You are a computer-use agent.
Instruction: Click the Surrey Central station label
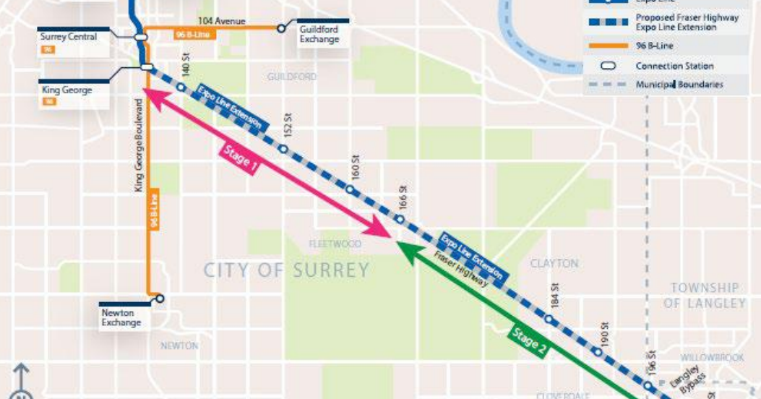(69, 37)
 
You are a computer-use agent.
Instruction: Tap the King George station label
(66, 91)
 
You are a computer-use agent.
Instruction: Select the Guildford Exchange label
(319, 34)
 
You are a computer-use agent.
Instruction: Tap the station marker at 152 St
(283, 150)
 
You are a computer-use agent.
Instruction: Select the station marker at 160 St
(350, 189)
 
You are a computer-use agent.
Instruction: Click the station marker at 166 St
(399, 219)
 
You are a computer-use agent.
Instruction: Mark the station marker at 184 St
(549, 319)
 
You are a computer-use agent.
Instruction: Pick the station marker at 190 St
(598, 352)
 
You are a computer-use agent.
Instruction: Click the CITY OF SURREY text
(286, 270)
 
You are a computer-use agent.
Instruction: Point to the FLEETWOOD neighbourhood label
(335, 244)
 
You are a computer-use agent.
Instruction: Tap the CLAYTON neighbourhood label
(554, 264)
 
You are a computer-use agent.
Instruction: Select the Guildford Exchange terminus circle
(280, 29)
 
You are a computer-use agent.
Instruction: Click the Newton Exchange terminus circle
(160, 298)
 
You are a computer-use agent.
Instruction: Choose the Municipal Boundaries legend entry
(679, 85)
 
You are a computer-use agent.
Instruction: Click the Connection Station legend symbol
(608, 66)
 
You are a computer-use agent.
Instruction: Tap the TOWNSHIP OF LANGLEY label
(704, 295)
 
